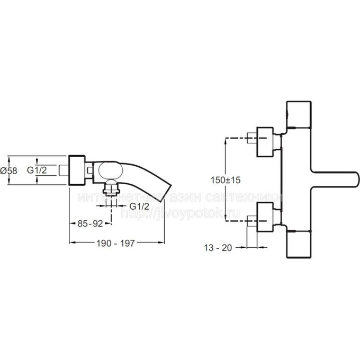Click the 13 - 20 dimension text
point(217,247)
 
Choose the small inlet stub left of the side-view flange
point(65,170)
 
